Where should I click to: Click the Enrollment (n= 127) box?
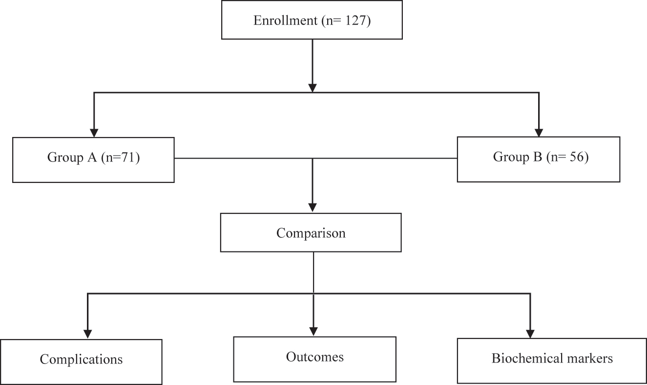coord(312,21)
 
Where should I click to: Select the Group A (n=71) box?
coord(93,159)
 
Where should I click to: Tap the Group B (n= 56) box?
coord(539,159)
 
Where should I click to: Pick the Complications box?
coord(81,361)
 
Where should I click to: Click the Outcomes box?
coord(314,359)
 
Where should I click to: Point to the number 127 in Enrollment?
coord(358,21)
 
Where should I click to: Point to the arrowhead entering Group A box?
coord(94,133)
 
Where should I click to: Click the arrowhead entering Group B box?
coord(539,133)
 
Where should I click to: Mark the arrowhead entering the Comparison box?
coord(313,207)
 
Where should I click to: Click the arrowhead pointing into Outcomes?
coord(313,331)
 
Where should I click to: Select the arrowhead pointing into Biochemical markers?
coord(530,333)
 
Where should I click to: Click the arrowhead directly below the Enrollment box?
coord(313,87)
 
